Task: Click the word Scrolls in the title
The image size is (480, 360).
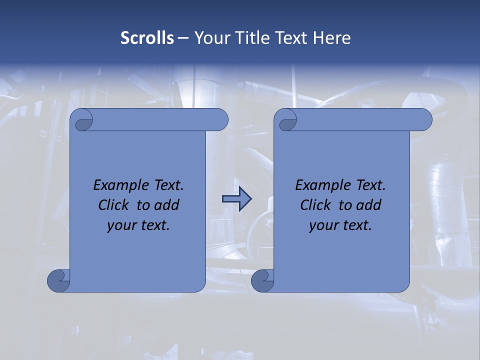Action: click(147, 38)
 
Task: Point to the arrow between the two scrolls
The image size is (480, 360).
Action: click(236, 199)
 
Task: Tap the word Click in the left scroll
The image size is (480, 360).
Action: click(113, 205)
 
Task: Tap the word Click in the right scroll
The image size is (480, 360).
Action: click(315, 205)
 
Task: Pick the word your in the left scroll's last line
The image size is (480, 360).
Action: click(121, 225)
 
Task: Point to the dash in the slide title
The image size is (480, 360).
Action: click(183, 38)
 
